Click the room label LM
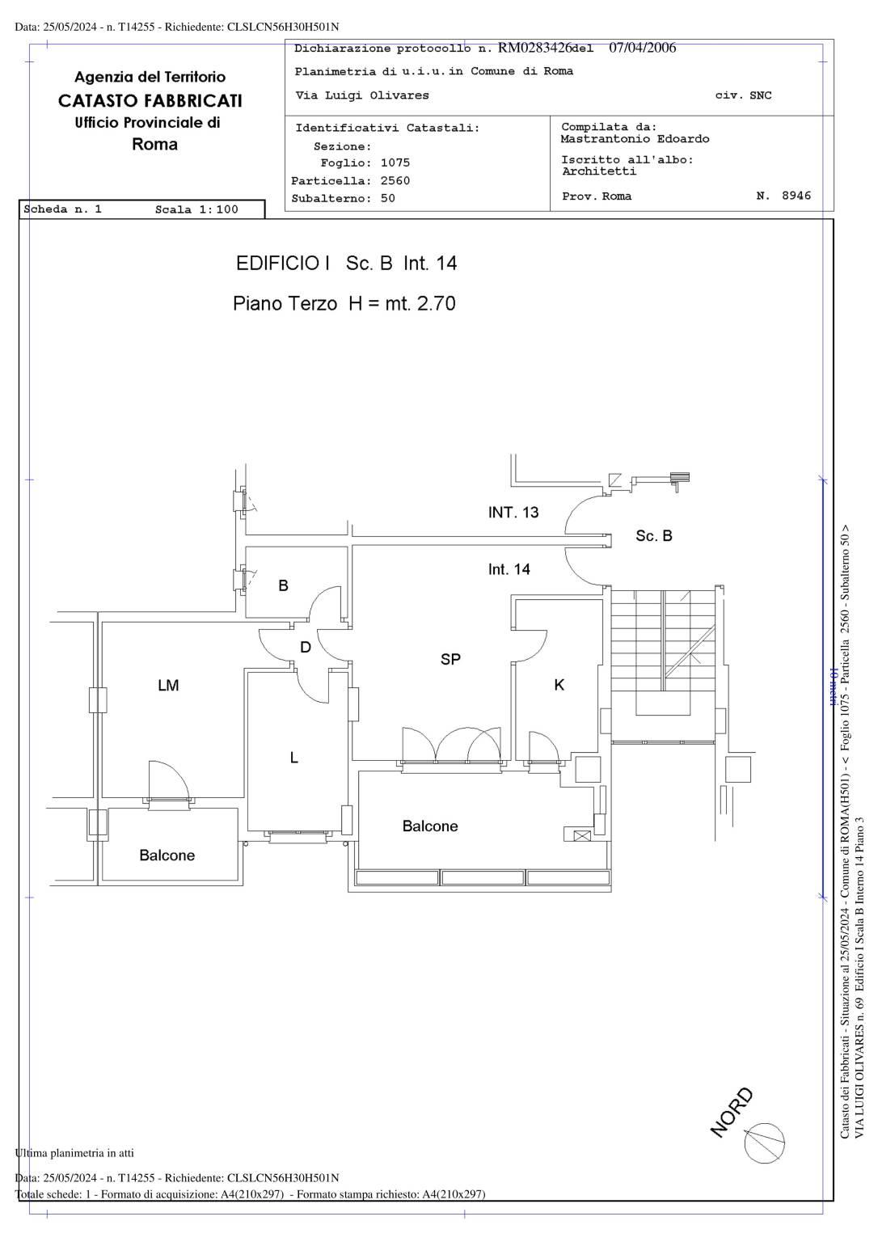[168, 686]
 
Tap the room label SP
[450, 659]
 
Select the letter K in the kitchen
[559, 685]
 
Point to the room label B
[283, 585]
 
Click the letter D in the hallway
[306, 647]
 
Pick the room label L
[293, 758]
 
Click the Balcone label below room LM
[167, 855]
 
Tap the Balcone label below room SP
[430, 826]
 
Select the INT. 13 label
[513, 512]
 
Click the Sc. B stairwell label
[654, 535]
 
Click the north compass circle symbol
[764, 1143]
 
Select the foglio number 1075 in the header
[395, 163]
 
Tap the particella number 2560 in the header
[395, 181]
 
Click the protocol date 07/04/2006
[643, 48]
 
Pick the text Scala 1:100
[196, 209]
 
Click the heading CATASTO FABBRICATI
[150, 100]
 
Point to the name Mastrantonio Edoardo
[635, 138]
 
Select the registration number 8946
[796, 195]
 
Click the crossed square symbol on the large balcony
[581, 835]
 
